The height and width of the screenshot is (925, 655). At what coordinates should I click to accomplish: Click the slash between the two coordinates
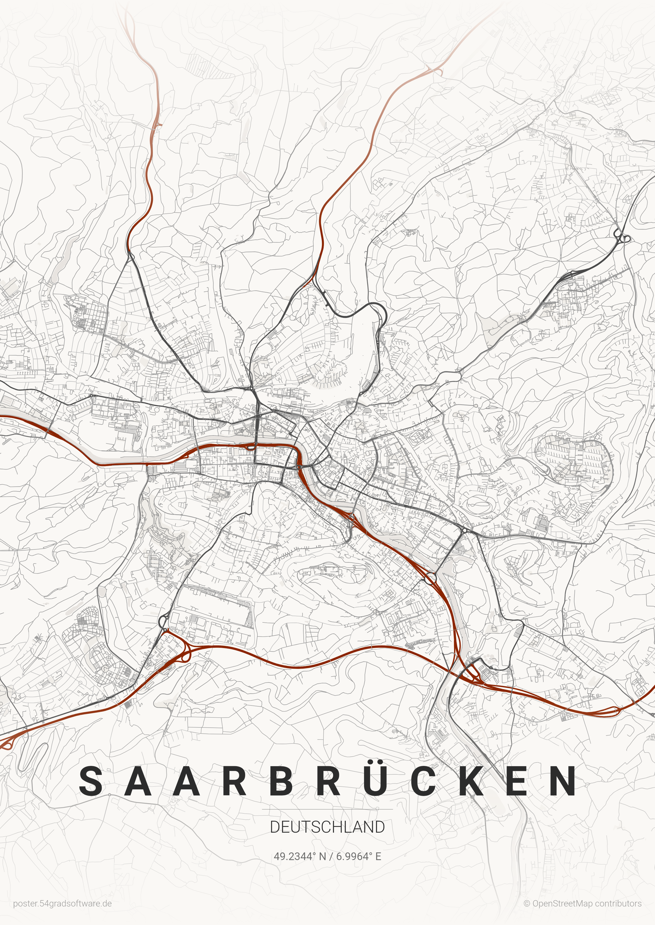(x=332, y=856)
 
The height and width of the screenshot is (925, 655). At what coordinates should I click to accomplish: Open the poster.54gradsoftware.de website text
(x=62, y=904)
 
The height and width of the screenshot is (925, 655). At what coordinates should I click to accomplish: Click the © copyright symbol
(x=527, y=904)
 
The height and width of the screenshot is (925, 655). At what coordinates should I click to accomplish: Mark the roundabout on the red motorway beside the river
(x=430, y=578)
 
